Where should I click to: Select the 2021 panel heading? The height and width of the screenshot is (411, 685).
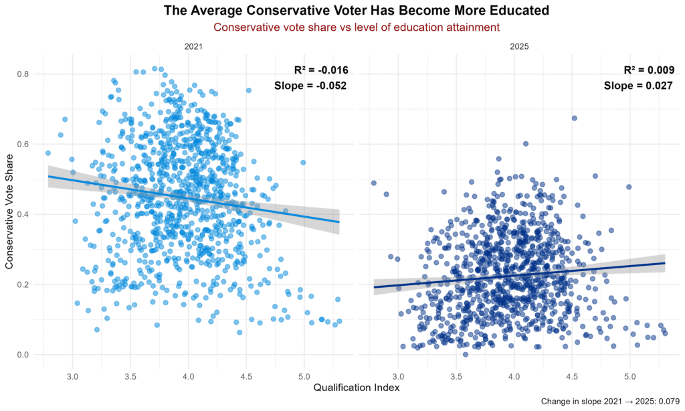point(193,48)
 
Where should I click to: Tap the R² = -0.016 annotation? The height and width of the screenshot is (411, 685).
point(321,70)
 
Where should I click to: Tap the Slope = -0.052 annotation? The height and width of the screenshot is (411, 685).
point(310,85)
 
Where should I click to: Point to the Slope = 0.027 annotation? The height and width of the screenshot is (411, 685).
point(638,85)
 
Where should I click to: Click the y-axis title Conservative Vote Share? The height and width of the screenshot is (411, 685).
point(9,214)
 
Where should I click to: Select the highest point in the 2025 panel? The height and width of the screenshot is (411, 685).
point(574,118)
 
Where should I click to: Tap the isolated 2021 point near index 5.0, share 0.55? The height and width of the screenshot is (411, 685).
point(303,163)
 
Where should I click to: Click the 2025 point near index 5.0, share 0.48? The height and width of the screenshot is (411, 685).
point(629,187)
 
